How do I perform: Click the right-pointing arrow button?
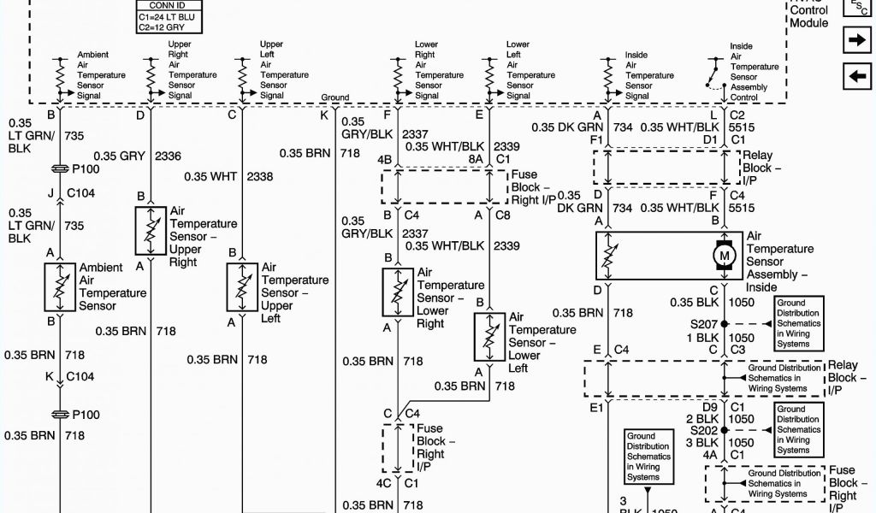[855, 40]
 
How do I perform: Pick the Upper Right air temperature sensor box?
[151, 230]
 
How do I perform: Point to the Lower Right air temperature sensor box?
[398, 292]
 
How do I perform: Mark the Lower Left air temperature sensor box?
[489, 336]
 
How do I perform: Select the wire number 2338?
[260, 176]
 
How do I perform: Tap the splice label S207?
[703, 324]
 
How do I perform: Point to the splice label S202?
[703, 430]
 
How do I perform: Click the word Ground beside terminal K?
[334, 97]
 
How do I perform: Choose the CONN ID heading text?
[162, 3]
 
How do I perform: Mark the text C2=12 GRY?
[163, 27]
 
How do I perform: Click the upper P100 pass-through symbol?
[60, 168]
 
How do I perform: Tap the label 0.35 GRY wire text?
[119, 156]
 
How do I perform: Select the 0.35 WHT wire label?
[210, 176]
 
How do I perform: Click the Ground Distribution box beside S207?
[798, 323]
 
